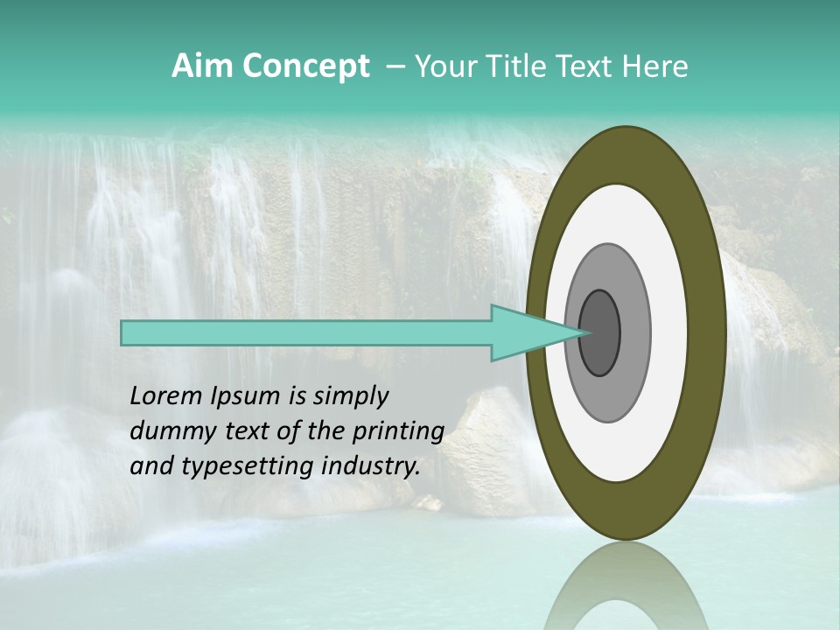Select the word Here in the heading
point(656,66)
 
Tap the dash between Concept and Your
point(395,66)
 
